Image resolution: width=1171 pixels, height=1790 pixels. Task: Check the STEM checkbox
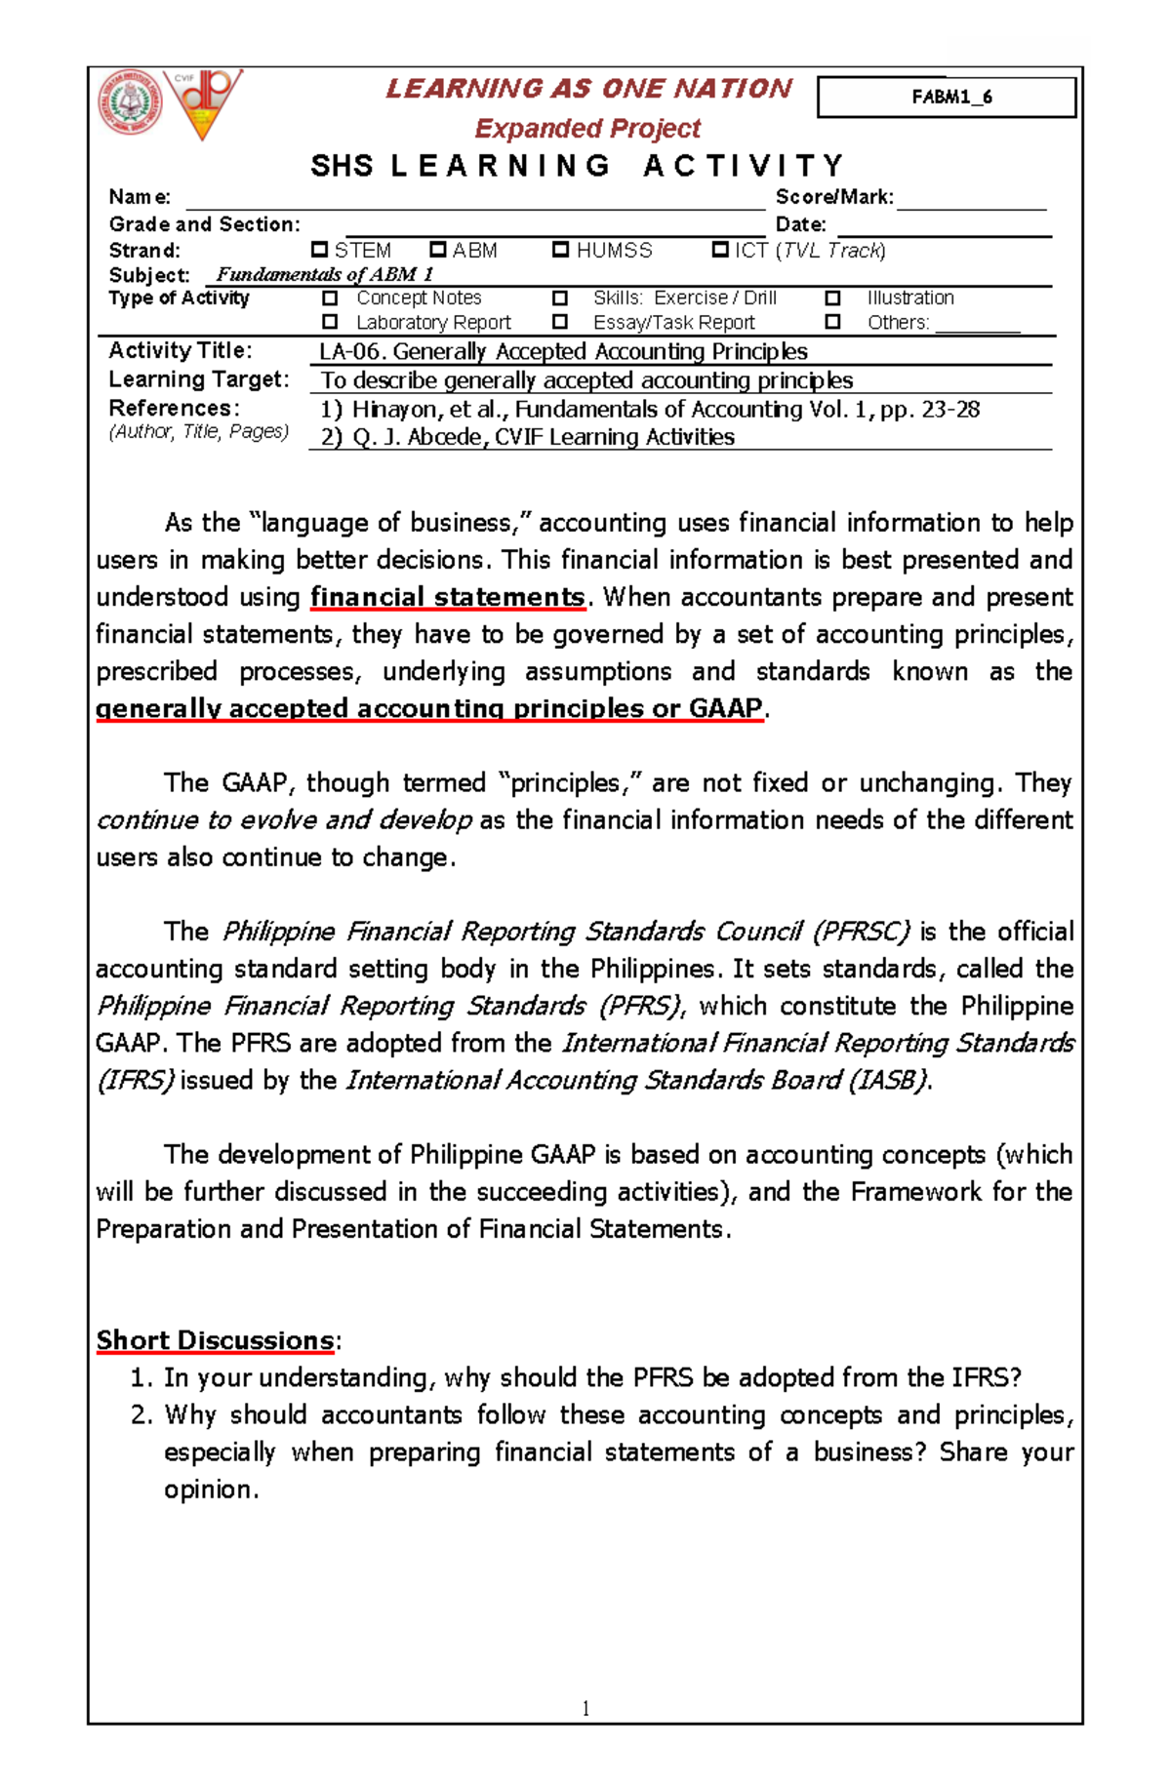[x=319, y=250]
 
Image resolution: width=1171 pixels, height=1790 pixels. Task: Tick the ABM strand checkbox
[x=438, y=250]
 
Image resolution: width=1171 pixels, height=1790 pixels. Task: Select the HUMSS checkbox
[x=560, y=250]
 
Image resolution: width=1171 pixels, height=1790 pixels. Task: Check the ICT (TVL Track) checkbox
[x=720, y=250]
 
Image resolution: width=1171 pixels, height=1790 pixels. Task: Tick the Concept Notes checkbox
[x=330, y=298]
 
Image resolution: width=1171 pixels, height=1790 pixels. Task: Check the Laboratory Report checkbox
[x=330, y=321]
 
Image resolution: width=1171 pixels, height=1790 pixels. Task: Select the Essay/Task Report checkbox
[x=560, y=321]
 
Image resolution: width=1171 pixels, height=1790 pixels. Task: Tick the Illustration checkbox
[x=832, y=298]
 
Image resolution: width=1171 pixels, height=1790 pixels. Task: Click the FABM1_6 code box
[x=946, y=97]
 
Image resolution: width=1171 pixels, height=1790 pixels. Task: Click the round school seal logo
[x=129, y=102]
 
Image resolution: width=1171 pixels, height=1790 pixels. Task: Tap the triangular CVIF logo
[x=203, y=102]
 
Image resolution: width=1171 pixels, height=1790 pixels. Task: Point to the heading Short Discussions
[x=215, y=1340]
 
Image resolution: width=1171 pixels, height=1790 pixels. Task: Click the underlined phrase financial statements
[x=448, y=597]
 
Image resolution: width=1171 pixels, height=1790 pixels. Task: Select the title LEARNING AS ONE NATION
[x=588, y=89]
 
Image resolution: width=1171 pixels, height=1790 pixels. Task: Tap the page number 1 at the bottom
[x=585, y=1707]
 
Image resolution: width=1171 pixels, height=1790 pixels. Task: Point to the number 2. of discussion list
[x=141, y=1415]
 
